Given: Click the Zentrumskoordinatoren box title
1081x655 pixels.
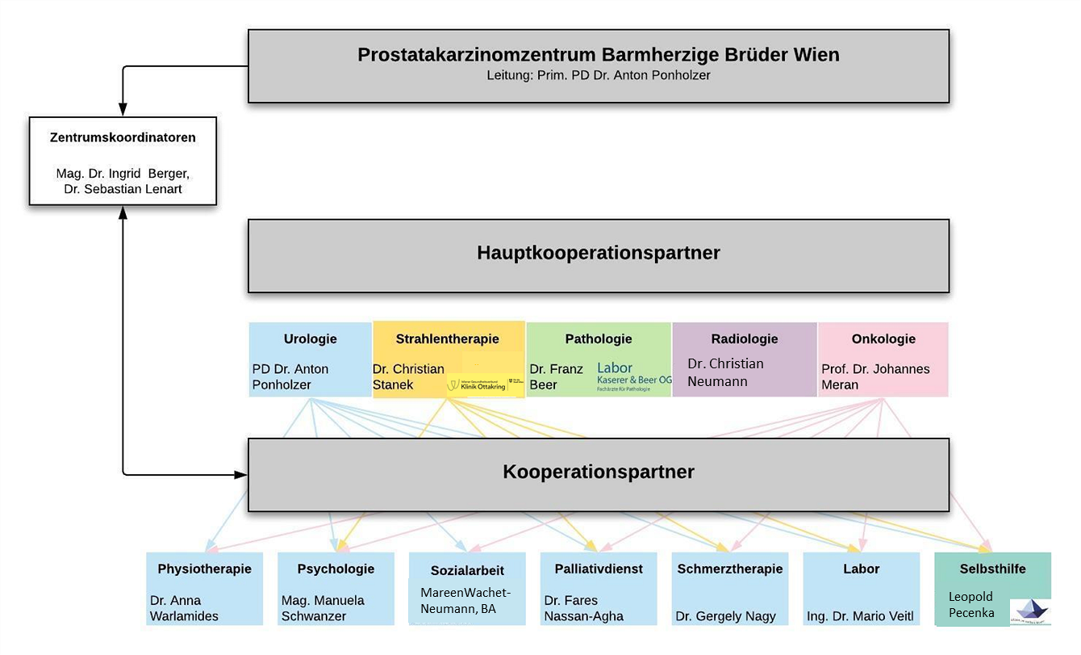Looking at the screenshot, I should (x=123, y=137).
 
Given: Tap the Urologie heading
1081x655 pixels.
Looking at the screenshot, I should (x=310, y=339).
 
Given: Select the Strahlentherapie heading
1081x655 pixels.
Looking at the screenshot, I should (x=447, y=339).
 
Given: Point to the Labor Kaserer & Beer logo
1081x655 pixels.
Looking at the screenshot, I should (x=633, y=376).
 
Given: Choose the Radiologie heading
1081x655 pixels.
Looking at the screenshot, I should (x=744, y=339).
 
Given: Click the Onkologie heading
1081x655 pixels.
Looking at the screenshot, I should (x=883, y=339).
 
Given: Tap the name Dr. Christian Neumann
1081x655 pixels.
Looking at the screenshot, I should (x=724, y=372).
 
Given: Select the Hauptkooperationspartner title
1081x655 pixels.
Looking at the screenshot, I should (x=598, y=253).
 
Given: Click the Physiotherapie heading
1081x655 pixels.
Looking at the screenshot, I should (x=204, y=569).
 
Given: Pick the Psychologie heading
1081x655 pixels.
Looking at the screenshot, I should (x=336, y=569).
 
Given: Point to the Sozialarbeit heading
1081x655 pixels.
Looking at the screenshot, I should (x=466, y=570).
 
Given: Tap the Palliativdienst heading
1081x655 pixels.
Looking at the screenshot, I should (x=598, y=569).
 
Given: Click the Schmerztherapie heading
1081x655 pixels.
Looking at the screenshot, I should (x=729, y=569).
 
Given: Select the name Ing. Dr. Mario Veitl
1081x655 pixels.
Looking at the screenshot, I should (x=860, y=616).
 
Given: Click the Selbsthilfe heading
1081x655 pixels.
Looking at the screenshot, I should (x=992, y=569).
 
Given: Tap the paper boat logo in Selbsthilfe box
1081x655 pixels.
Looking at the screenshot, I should (x=1030, y=611).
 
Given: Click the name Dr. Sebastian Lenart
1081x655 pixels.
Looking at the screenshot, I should (x=123, y=189).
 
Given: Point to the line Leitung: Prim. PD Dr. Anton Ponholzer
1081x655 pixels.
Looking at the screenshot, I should (x=598, y=75).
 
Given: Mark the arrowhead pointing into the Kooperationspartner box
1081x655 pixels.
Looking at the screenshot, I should (x=241, y=475).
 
